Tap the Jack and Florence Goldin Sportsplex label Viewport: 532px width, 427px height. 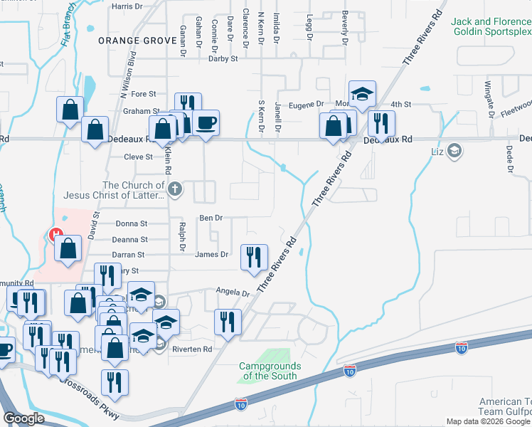491,28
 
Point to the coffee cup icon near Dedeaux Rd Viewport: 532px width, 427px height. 206,122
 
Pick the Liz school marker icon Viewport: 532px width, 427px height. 454,151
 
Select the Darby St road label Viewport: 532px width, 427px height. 223,59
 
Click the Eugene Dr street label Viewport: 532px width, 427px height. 309,104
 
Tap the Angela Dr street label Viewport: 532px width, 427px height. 234,292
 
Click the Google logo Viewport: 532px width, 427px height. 23,418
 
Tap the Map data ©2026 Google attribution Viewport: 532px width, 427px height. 488,421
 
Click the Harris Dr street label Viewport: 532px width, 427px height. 127,6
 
